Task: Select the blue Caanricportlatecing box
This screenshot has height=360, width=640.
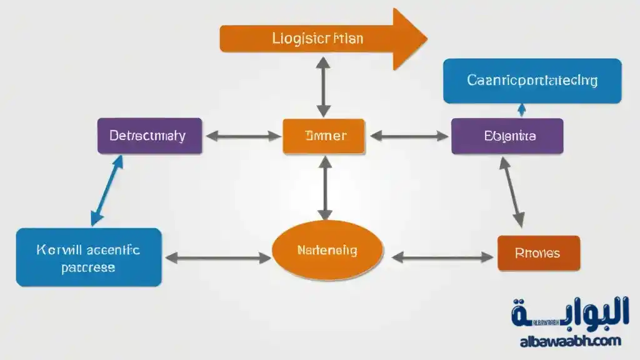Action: tap(532, 81)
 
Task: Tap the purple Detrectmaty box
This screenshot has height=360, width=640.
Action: tap(149, 136)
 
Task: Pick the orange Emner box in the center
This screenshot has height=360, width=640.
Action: tap(324, 136)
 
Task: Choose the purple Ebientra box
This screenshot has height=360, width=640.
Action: tap(507, 136)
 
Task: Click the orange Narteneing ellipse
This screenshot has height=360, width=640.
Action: tap(327, 251)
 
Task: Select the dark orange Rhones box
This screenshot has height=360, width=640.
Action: tap(538, 253)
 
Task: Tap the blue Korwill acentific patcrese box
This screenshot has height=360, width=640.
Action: tap(89, 257)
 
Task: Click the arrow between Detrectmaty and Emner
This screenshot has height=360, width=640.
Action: tap(243, 135)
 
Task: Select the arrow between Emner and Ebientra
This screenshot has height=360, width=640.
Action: tap(408, 135)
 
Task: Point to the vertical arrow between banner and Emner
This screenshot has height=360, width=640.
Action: tap(323, 86)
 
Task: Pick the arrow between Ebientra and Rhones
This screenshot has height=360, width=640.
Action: tap(511, 191)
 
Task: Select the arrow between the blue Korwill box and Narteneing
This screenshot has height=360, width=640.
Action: tap(216, 257)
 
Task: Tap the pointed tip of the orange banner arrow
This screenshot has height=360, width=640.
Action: tap(425, 39)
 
